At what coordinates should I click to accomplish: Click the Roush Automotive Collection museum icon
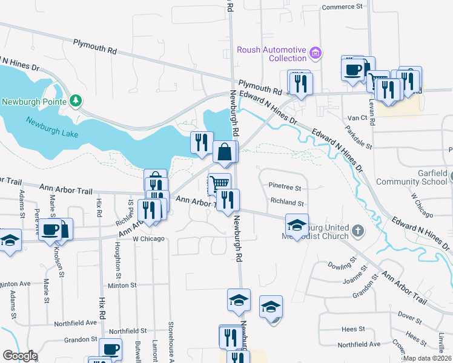tap(315, 54)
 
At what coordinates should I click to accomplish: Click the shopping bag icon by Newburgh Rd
tap(225, 154)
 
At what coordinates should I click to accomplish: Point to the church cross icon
tap(358, 231)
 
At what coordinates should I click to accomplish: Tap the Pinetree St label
tap(286, 188)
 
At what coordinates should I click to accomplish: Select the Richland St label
tap(287, 203)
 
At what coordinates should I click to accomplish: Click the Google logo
tap(20, 356)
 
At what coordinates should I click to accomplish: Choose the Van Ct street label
tap(354, 117)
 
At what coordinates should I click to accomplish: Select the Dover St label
tap(410, 315)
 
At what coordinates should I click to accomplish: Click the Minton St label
tap(123, 285)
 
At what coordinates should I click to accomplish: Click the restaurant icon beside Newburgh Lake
tap(202, 143)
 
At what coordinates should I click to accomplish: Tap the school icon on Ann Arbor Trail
tap(297, 225)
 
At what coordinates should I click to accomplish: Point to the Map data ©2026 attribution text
tap(427, 358)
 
